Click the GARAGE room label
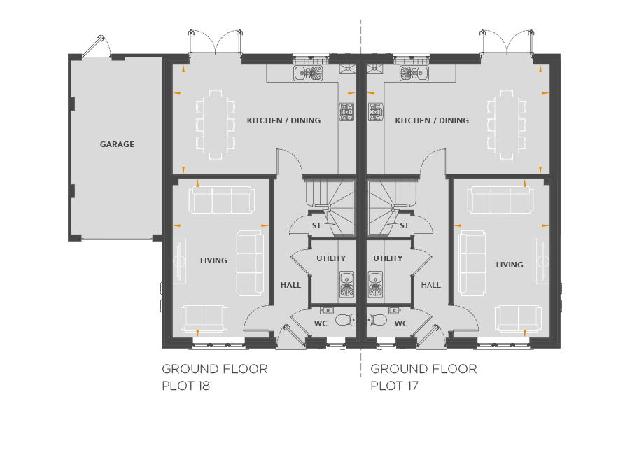(117, 144)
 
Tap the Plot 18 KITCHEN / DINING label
(283, 120)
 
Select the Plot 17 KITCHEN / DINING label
(432, 120)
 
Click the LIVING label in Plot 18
(213, 260)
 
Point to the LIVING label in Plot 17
(510, 265)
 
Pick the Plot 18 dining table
(216, 125)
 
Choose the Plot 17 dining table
(507, 125)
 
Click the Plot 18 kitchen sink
(308, 73)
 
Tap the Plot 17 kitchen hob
(376, 112)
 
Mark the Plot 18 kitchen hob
(346, 112)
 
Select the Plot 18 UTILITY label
(331, 258)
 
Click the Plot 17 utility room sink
(375, 284)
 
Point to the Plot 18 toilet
(345, 320)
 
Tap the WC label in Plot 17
(401, 323)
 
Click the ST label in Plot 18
(316, 225)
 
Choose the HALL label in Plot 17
(430, 285)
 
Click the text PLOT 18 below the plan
(186, 386)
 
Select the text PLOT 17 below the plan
(394, 386)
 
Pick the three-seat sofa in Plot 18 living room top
(221, 200)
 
